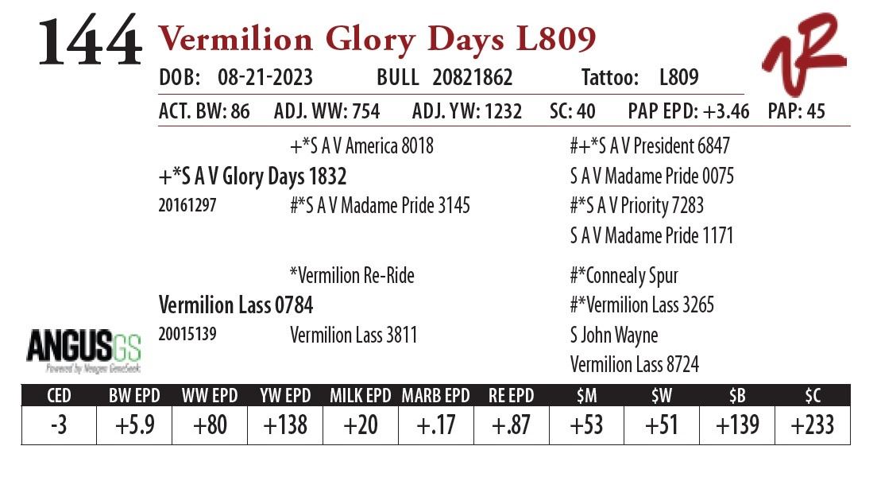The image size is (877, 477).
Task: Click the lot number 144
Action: pyautogui.click(x=90, y=42)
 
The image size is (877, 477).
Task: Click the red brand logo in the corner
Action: pyautogui.click(x=803, y=55)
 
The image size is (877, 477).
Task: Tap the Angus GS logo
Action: pyautogui.click(x=84, y=350)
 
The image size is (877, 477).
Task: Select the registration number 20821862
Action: pyautogui.click(x=473, y=77)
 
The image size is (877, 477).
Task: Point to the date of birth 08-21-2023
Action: pyautogui.click(x=265, y=77)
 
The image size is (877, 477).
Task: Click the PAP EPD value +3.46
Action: pyautogui.click(x=720, y=111)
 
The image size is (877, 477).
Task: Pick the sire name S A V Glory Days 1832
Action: pyautogui.click(x=253, y=176)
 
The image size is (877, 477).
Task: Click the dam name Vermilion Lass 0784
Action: pyautogui.click(x=236, y=304)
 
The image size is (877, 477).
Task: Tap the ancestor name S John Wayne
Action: pyautogui.click(x=614, y=335)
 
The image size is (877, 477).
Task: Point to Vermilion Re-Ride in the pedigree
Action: pyautogui.click(x=352, y=276)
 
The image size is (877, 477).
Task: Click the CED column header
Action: pyautogui.click(x=58, y=395)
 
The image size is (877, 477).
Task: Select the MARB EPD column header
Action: pyautogui.click(x=436, y=395)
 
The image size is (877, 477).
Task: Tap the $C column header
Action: pyautogui.click(x=812, y=395)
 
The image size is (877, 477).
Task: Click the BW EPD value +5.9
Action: pyautogui.click(x=133, y=425)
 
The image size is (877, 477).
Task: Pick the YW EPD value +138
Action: pyautogui.click(x=284, y=425)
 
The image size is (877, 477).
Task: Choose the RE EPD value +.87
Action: pyautogui.click(x=511, y=425)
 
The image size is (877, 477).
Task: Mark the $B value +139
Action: pyautogui.click(x=736, y=425)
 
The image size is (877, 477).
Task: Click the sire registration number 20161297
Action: pyautogui.click(x=187, y=205)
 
